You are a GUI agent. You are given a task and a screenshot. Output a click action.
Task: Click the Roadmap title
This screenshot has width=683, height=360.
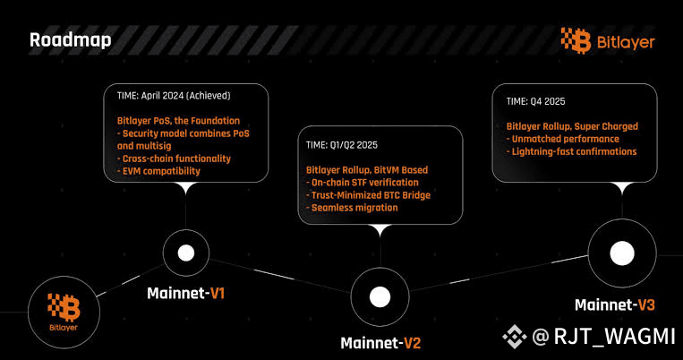coord(71,40)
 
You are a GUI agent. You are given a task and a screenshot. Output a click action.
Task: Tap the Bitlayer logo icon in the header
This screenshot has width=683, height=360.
coord(576,40)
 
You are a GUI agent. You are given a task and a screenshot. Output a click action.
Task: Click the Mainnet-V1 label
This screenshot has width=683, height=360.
coord(186,293)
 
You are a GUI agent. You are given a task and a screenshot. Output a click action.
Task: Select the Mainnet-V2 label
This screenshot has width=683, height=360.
coord(380,343)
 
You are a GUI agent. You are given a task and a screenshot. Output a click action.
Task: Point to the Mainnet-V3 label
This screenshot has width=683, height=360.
coord(615,304)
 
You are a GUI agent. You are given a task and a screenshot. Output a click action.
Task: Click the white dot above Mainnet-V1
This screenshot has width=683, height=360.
coord(186,253)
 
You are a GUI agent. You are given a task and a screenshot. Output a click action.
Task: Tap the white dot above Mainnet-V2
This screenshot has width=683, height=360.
coord(380,296)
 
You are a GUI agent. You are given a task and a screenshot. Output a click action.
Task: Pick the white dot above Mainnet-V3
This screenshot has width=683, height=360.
coord(622,253)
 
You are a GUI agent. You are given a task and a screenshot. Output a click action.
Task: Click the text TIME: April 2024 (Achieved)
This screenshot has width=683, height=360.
coord(174,96)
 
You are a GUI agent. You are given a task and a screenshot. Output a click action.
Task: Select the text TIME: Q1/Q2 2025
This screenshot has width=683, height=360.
coord(342,145)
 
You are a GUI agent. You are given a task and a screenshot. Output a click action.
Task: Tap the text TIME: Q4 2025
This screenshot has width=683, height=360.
coord(536,101)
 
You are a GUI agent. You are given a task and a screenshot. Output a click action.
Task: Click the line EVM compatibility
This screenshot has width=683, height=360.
coord(158,171)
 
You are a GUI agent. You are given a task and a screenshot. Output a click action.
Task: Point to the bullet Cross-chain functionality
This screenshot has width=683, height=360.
coord(174,159)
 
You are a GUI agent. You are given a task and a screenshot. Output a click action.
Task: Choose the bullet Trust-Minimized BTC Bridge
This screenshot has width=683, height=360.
coord(369,195)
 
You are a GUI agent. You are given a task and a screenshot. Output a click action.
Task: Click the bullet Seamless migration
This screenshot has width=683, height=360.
coord(352,208)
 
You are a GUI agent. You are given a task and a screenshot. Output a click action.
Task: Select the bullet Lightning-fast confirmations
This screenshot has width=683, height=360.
coord(571,151)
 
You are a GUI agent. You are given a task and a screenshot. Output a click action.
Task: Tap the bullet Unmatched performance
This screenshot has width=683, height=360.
coord(563,139)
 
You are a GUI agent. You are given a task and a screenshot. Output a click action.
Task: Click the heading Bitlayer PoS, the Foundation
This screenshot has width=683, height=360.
coord(179,121)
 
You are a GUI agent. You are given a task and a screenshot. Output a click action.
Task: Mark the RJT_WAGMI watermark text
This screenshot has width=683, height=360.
coord(614,336)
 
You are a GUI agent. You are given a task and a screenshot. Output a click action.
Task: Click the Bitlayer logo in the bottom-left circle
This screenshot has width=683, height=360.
coord(64,312)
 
